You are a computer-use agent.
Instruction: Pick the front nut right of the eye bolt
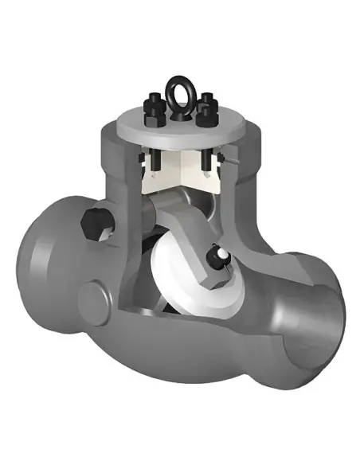tap(205, 117)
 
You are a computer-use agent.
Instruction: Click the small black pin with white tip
tap(214, 256)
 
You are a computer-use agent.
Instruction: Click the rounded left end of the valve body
tap(40, 263)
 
